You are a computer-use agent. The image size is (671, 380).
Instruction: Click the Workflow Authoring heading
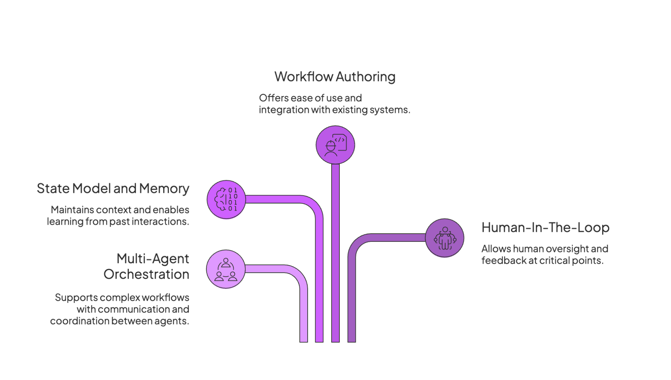[x=335, y=77]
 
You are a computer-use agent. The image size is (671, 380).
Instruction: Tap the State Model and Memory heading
[x=113, y=189]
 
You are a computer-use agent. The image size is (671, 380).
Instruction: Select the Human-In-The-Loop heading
[x=545, y=228]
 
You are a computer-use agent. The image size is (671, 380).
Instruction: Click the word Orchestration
[x=146, y=275]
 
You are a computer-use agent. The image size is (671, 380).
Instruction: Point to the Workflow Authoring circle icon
[x=335, y=145]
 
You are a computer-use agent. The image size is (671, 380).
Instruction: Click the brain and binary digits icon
[x=226, y=199]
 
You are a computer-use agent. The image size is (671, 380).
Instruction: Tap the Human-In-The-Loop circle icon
[x=445, y=238]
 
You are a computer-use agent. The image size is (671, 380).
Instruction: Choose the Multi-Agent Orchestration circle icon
[x=226, y=270]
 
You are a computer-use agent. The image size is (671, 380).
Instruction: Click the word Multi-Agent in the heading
[x=153, y=259]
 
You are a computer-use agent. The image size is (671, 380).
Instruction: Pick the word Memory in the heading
[x=164, y=189]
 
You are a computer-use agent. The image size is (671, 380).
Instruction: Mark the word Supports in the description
[x=76, y=298]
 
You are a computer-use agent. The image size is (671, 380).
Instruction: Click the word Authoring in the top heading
[x=365, y=77]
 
